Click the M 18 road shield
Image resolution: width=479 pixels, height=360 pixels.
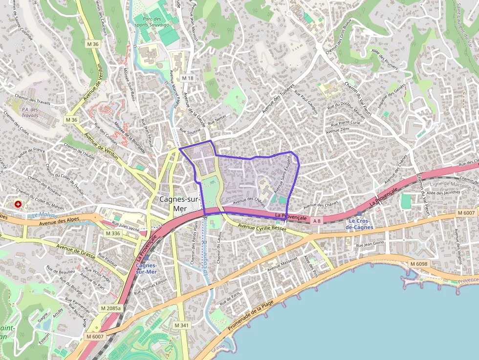pyautogui.click(x=188, y=78)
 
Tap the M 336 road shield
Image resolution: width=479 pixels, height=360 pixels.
pyautogui.click(x=113, y=233)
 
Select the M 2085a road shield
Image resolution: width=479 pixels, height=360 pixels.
pyautogui.click(x=109, y=308)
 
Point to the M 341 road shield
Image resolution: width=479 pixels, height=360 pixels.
pyautogui.click(x=181, y=325)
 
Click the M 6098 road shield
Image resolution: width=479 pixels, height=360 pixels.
pyautogui.click(x=418, y=264)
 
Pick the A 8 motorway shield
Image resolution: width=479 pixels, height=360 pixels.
pyautogui.click(x=317, y=221)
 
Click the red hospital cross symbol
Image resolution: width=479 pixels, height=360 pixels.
pyautogui.click(x=19, y=203)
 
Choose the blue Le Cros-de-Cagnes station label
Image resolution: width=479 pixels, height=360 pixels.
pyautogui.click(x=359, y=224)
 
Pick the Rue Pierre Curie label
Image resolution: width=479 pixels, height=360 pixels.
pyautogui.click(x=345, y=124)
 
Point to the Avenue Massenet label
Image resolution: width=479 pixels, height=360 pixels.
pyautogui.click(x=282, y=264)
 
